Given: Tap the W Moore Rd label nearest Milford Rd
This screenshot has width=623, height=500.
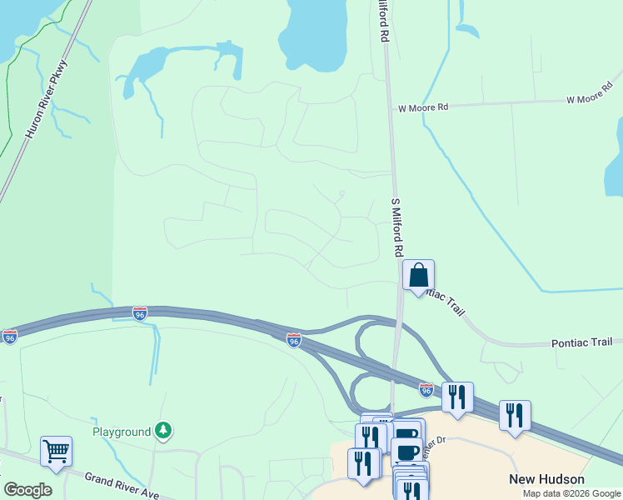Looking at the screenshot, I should coord(423,107).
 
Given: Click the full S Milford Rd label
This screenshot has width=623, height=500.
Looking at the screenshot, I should coord(397,227).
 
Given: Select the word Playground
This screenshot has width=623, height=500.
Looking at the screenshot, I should coord(122,432).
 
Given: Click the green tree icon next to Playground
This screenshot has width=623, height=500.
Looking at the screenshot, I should coord(165,431).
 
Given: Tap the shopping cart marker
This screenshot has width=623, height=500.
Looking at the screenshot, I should coord(56,451).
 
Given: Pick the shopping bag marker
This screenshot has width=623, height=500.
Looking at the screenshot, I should coord(418,274).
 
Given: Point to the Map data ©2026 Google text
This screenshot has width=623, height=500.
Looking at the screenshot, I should coord(571,493).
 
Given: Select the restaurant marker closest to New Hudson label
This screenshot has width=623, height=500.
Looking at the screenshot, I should coord(515,414).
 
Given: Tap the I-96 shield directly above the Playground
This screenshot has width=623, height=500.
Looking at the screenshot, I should coord(140,313).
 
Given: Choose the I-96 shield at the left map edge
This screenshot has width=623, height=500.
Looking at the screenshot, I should coord(9,337).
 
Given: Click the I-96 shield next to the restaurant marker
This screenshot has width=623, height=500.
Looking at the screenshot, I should coord(426,389).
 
